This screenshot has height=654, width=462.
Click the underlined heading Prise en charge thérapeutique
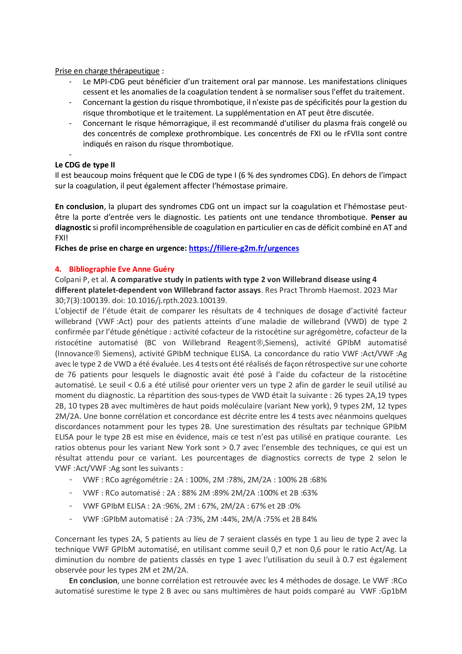[107, 71]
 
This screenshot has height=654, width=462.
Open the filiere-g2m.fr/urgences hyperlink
[244, 248]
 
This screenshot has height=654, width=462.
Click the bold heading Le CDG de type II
[85, 165]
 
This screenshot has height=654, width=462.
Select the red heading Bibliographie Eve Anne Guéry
[122, 269]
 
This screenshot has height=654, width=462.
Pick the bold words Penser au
[389, 217]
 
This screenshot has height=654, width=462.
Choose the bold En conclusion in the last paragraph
[93, 581]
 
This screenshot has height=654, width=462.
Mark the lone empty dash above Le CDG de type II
[70, 155]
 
